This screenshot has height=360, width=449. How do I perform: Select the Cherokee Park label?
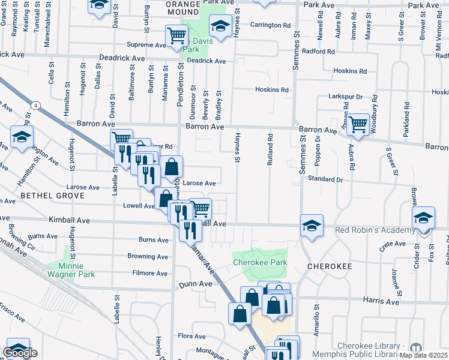click(x=260, y=262)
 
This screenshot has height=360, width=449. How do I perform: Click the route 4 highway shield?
click(x=37, y=106)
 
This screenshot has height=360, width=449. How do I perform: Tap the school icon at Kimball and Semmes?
click(x=312, y=226)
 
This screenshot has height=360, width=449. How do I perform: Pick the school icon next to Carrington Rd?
click(x=220, y=26)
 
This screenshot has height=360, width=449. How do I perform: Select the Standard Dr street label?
click(x=325, y=179)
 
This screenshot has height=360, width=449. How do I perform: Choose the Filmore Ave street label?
click(x=149, y=273)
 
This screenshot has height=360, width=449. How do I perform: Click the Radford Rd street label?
click(x=319, y=52)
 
